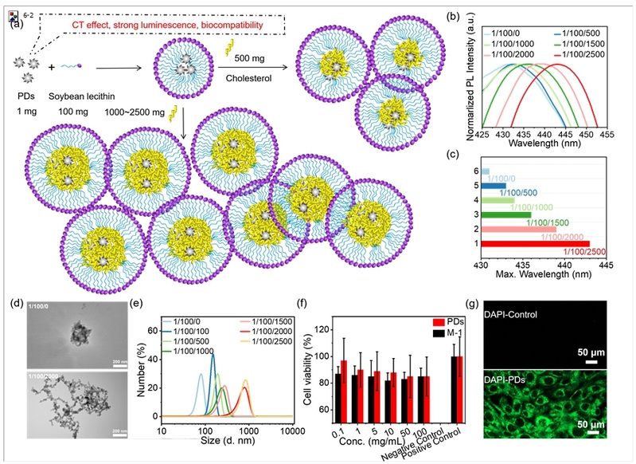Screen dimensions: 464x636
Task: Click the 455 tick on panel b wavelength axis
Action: tap(607, 136)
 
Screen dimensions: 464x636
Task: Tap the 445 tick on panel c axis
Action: tap(607, 263)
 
